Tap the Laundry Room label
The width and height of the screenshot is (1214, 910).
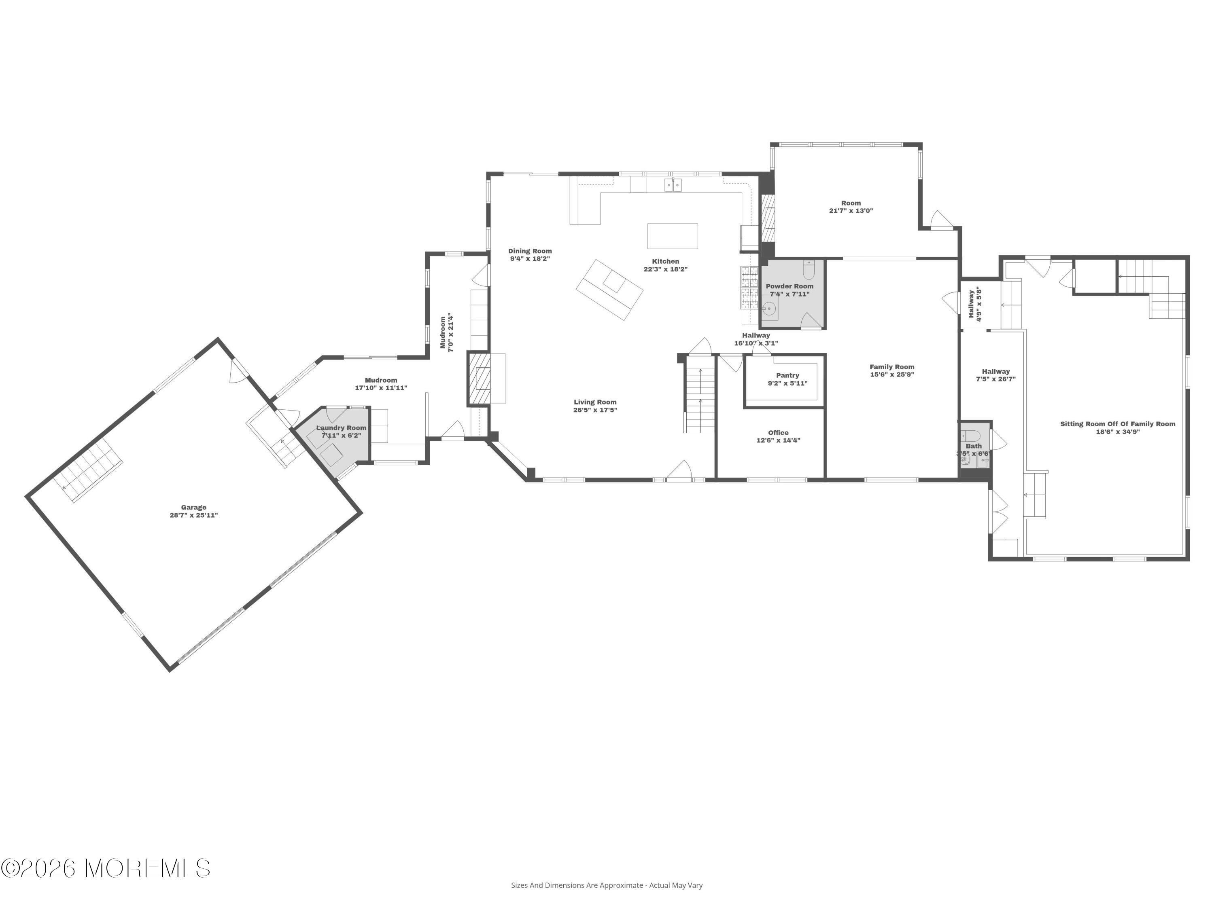342,428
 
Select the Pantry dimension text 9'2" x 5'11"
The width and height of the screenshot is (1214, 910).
787,383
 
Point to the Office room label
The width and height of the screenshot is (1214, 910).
778,433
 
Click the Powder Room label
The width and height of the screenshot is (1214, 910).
790,286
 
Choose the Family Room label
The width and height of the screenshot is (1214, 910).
892,367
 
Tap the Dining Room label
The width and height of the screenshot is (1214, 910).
530,251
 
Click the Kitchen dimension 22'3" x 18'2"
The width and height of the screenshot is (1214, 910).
666,269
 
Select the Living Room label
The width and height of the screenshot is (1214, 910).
596,402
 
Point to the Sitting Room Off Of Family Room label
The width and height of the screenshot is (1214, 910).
1118,424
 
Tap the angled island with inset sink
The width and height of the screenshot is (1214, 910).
610,290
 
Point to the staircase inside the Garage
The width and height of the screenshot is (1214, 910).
88,472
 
